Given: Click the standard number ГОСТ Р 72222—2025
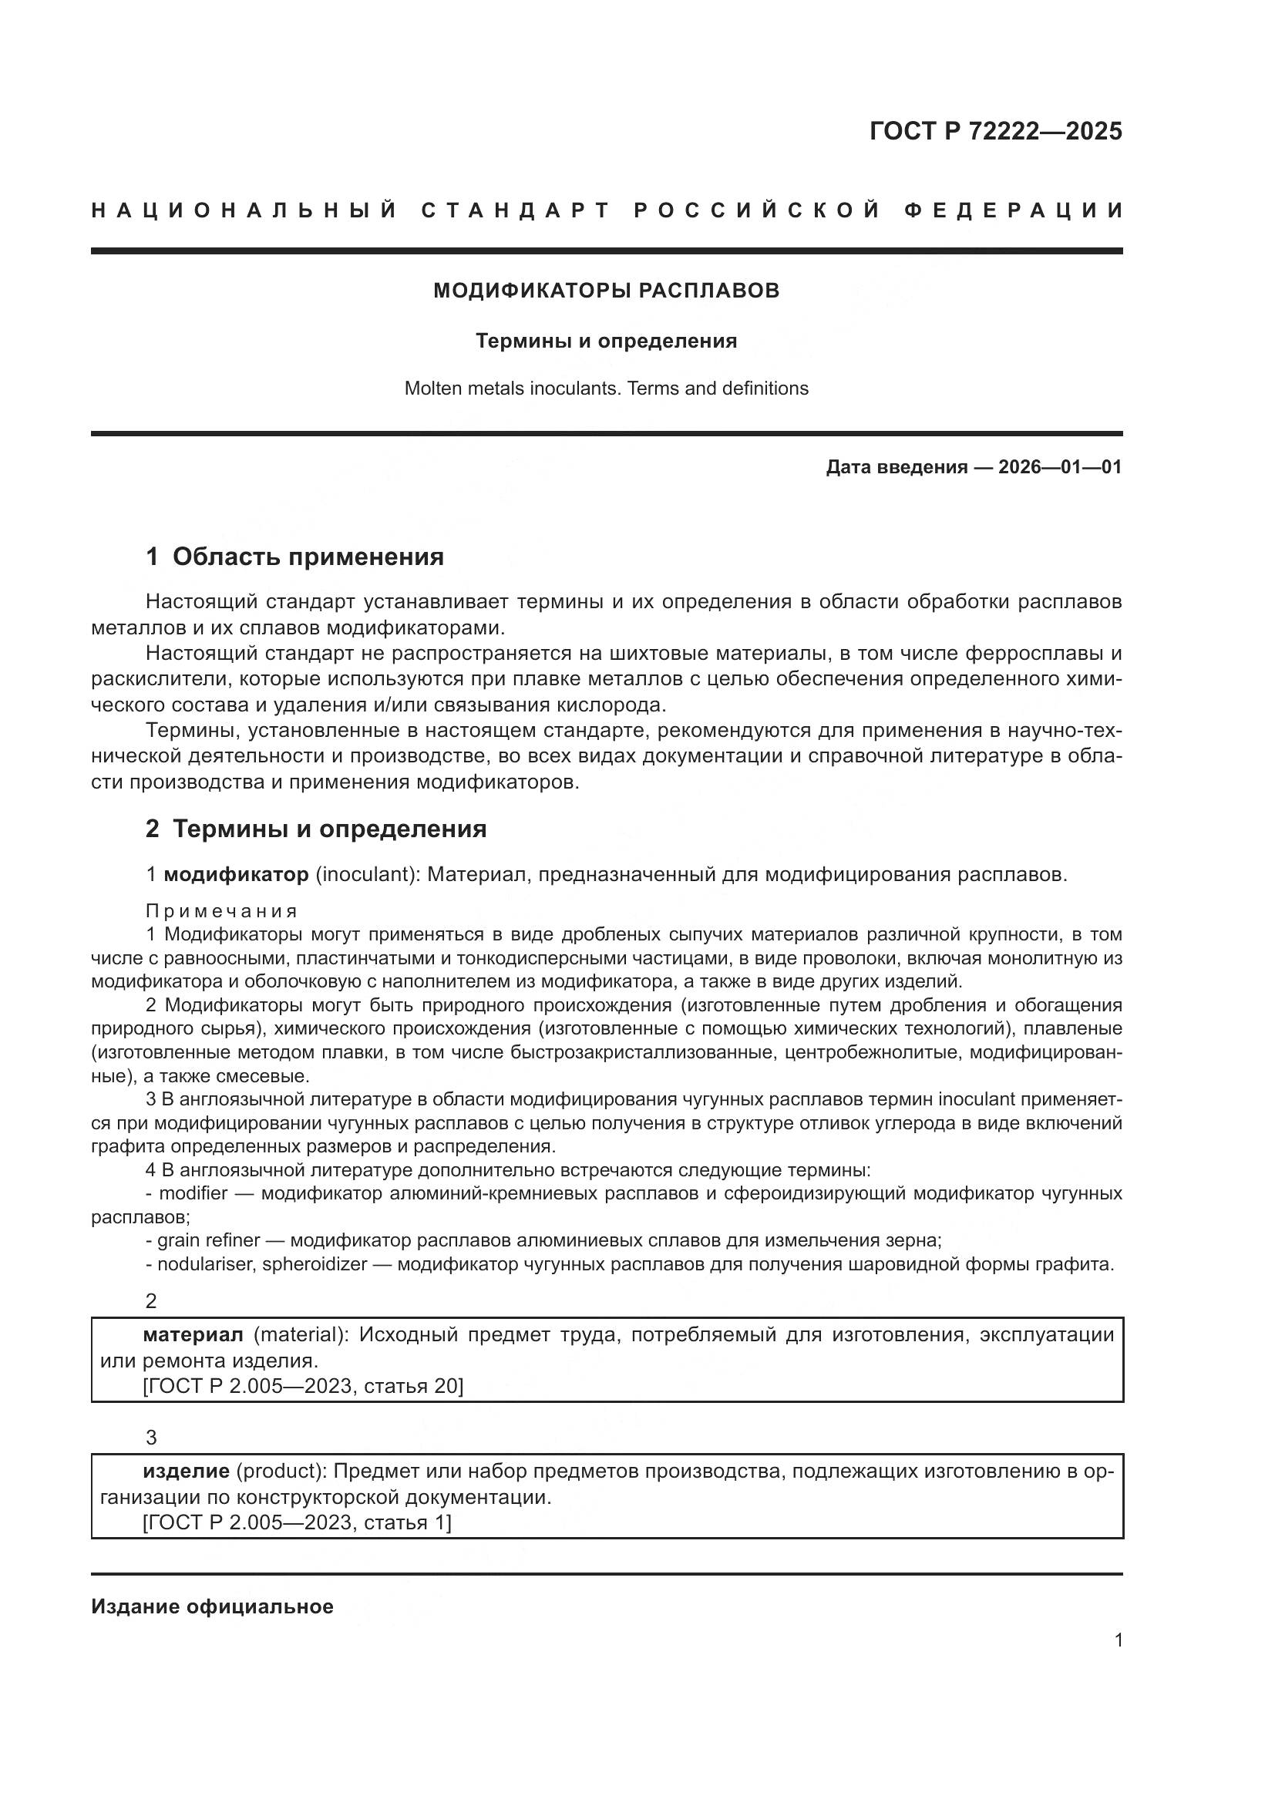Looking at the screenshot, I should coord(995,131).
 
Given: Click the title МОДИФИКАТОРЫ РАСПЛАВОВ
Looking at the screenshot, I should coord(606,291).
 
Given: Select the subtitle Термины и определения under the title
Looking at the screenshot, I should coord(606,341).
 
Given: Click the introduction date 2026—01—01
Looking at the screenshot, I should coord(1060,467).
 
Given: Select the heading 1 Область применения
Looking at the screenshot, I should coord(294,557).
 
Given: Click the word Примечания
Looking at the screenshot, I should coord(221,911).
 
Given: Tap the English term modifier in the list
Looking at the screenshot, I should coord(193,1192).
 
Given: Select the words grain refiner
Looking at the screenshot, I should coord(208,1240).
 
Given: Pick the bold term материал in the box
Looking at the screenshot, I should coord(193,1334).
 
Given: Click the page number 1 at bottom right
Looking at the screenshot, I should coord(1118,1640).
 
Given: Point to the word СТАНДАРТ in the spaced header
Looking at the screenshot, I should coord(516,210).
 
